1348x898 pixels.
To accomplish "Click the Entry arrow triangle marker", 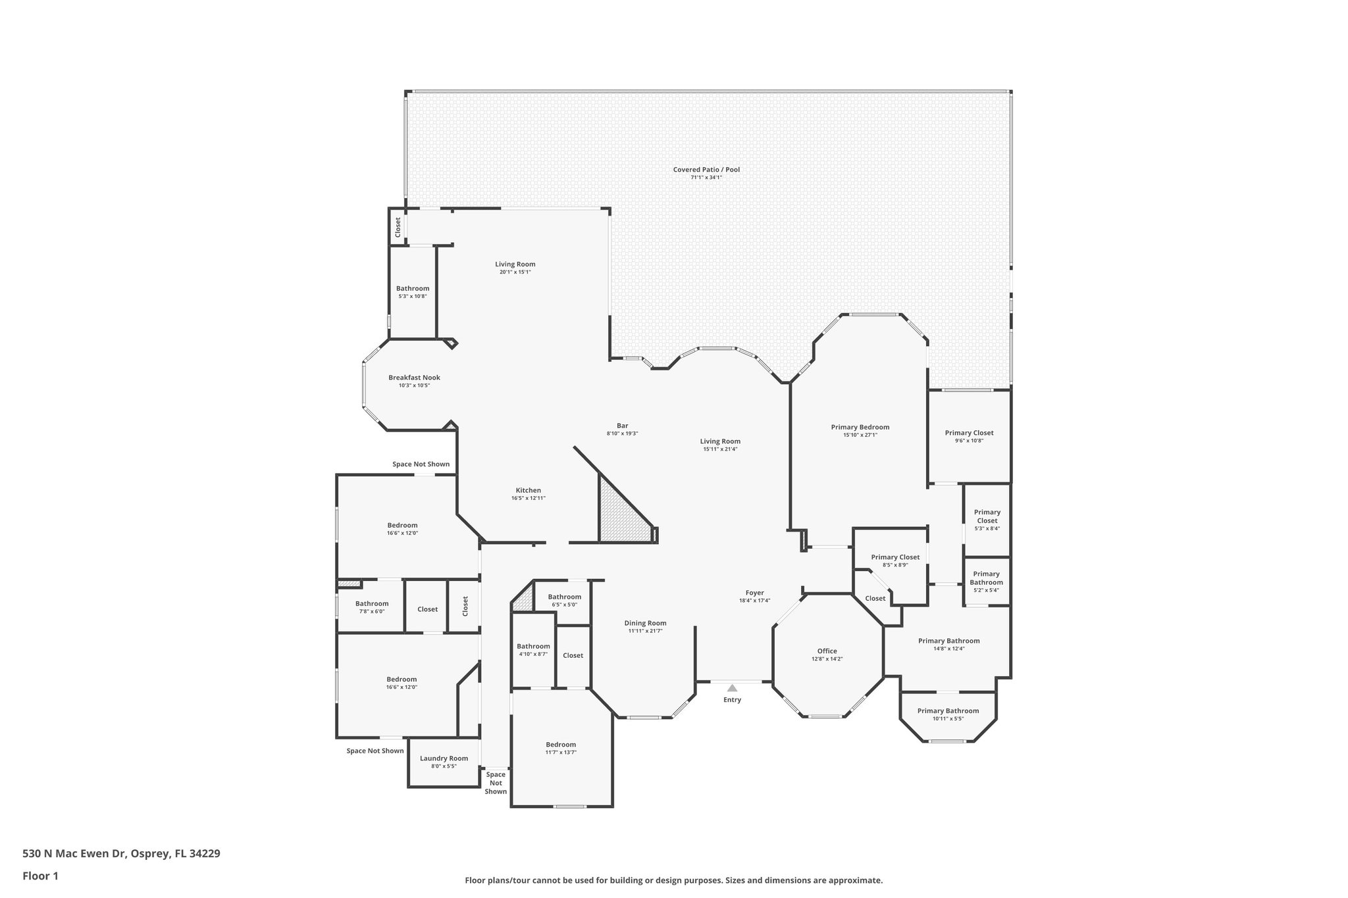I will pos(732,687).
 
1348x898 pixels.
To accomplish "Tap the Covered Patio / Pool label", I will pos(706,170).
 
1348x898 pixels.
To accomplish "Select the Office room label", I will pos(827,651).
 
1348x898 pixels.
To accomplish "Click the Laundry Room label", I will pos(444,758).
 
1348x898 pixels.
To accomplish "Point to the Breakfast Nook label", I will pos(414,378).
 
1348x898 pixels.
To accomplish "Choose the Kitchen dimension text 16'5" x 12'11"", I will pos(528,498).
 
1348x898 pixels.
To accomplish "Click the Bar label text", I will pos(622,426).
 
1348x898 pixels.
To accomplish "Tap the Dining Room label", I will pos(645,623).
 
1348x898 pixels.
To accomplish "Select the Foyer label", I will pos(754,593).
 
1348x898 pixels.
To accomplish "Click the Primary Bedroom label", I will pos(860,427).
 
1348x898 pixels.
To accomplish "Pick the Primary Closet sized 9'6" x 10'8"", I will pos(969,433).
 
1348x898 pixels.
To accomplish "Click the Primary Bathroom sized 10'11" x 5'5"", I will pos(948,711).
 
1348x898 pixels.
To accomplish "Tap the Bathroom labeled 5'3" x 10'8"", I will pos(413,288).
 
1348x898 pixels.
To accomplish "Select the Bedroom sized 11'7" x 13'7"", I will pos(561,744).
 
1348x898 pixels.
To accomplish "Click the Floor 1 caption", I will pos(41,876).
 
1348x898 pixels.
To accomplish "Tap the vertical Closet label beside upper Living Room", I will pos(398,228).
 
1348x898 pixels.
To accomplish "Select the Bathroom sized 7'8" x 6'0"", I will pos(372,603).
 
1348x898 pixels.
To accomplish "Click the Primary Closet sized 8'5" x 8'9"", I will pos(895,557).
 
